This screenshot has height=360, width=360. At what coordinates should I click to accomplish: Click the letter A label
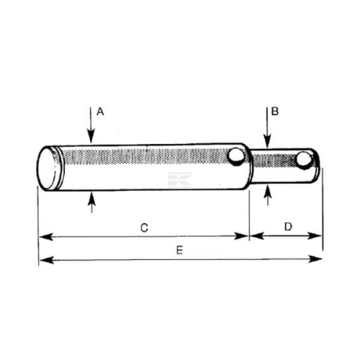click(x=100, y=112)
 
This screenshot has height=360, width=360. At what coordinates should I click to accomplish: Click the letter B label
click(x=275, y=112)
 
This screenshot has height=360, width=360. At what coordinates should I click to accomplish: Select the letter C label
click(x=144, y=228)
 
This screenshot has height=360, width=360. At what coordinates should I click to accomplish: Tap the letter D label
click(x=288, y=227)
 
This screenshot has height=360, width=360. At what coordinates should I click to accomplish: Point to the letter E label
click(x=179, y=251)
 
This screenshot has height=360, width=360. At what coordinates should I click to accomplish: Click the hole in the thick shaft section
click(x=236, y=156)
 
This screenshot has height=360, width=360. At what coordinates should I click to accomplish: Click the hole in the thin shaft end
click(x=304, y=159)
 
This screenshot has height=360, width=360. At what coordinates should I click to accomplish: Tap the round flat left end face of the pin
click(x=48, y=168)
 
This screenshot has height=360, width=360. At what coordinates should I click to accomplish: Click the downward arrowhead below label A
click(x=91, y=137)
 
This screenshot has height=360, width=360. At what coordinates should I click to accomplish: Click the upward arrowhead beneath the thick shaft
click(x=91, y=198)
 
